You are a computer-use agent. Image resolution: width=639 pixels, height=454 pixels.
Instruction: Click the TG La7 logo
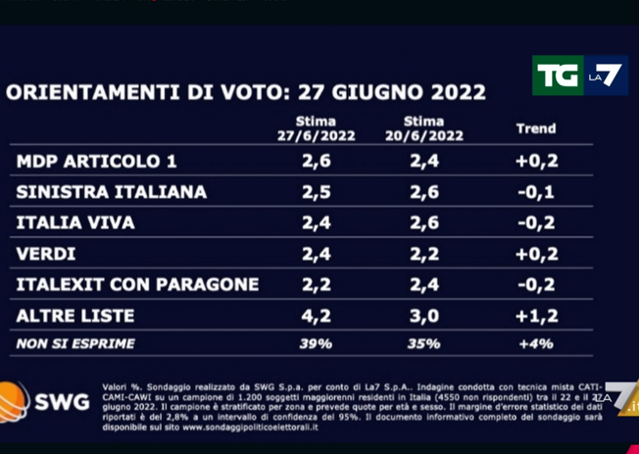tap(579, 76)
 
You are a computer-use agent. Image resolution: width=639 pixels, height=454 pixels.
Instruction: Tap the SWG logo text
tap(61, 402)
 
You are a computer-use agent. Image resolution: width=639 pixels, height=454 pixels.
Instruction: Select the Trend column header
tap(535, 128)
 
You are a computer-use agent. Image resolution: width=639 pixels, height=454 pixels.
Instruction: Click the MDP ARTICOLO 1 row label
tap(97, 161)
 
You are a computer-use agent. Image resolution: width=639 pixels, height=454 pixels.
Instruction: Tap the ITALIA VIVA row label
tap(75, 223)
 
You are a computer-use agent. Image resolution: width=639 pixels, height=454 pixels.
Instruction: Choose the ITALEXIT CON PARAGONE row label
tap(138, 284)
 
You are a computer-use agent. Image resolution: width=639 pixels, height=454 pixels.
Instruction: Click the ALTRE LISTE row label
tap(75, 316)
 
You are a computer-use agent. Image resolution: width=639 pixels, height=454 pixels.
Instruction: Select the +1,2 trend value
tap(535, 316)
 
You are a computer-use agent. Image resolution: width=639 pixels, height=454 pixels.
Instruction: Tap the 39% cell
tap(316, 343)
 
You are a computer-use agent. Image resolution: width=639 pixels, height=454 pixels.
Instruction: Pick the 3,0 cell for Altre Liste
tap(424, 316)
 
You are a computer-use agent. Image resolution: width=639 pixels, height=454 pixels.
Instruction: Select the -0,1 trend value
tap(535, 192)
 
